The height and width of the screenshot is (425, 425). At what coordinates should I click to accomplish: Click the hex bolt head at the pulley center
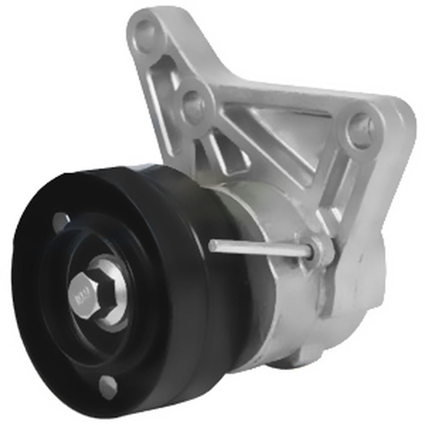point(84,293)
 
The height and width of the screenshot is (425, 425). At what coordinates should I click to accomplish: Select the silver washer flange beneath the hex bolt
point(111,293)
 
